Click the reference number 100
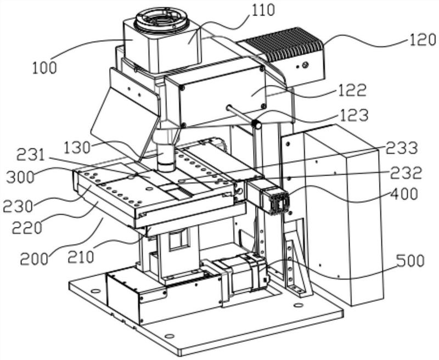[44, 68]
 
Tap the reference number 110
[263, 10]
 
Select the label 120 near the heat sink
[423, 40]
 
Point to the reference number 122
[353, 90]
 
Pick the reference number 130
[77, 147]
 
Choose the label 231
[31, 155]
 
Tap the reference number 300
[20, 177]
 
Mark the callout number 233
[401, 148]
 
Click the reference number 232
[407, 173]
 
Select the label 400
[404, 194]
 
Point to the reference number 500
[410, 261]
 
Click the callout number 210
[81, 256]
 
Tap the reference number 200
[34, 259]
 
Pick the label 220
[27, 228]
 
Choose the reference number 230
[18, 206]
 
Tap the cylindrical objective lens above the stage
[166, 157]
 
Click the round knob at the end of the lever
[256, 124]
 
